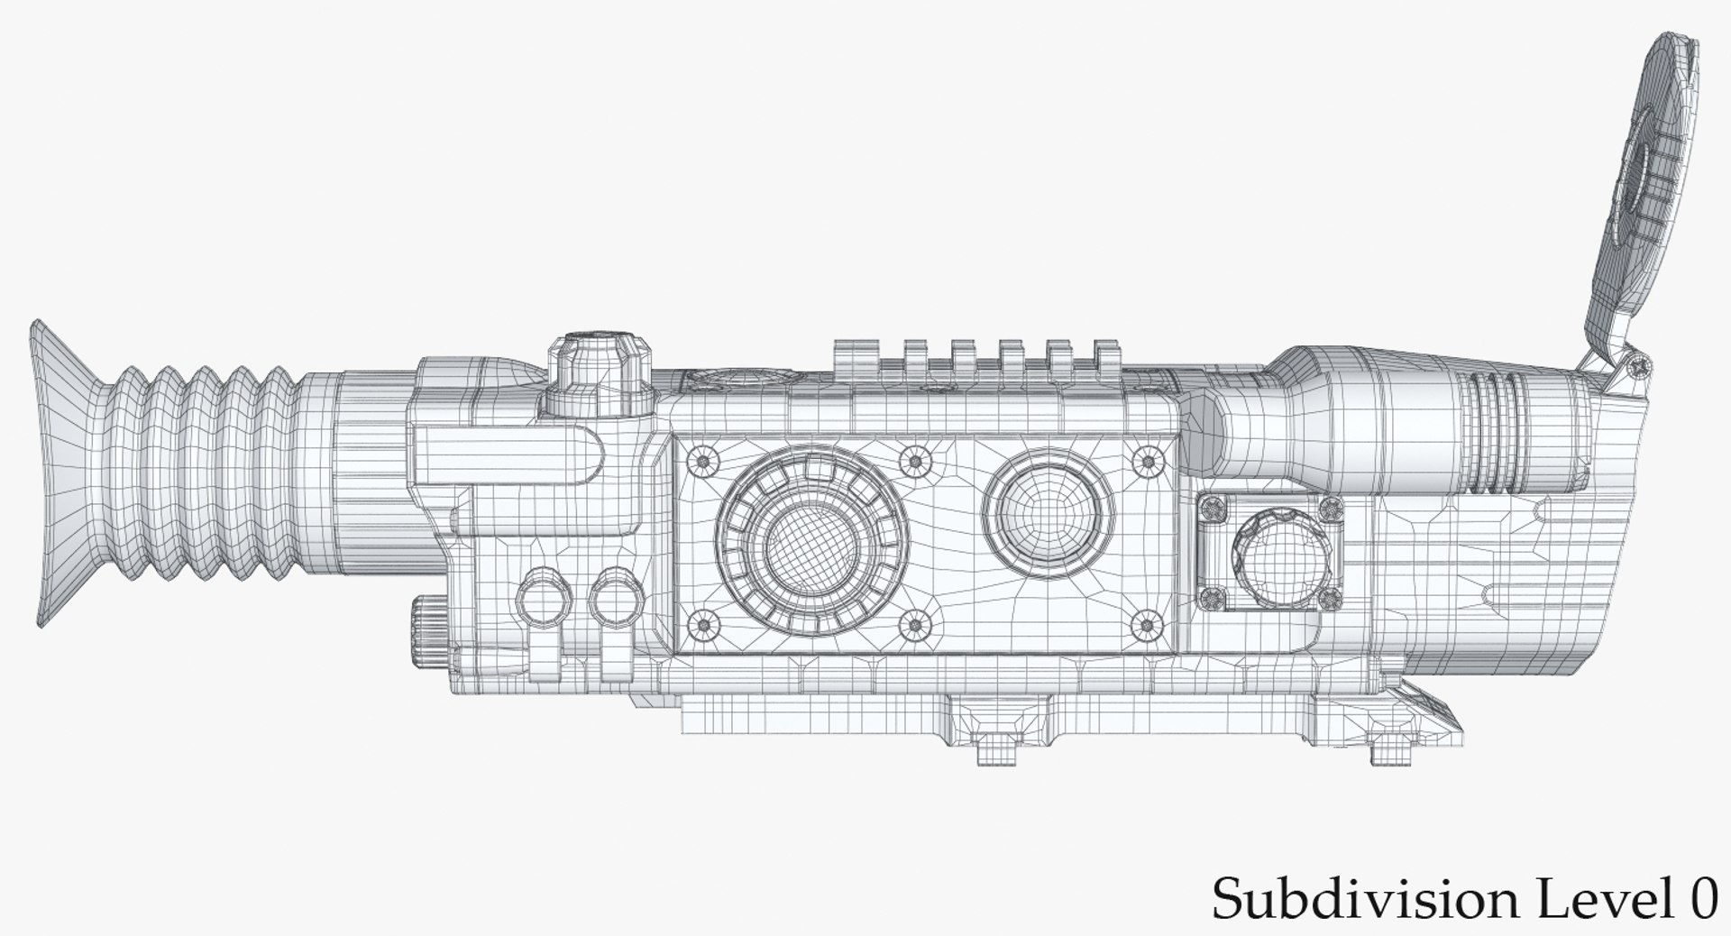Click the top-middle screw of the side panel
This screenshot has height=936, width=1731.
point(916,462)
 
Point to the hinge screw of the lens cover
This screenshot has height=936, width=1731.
point(1636,364)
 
